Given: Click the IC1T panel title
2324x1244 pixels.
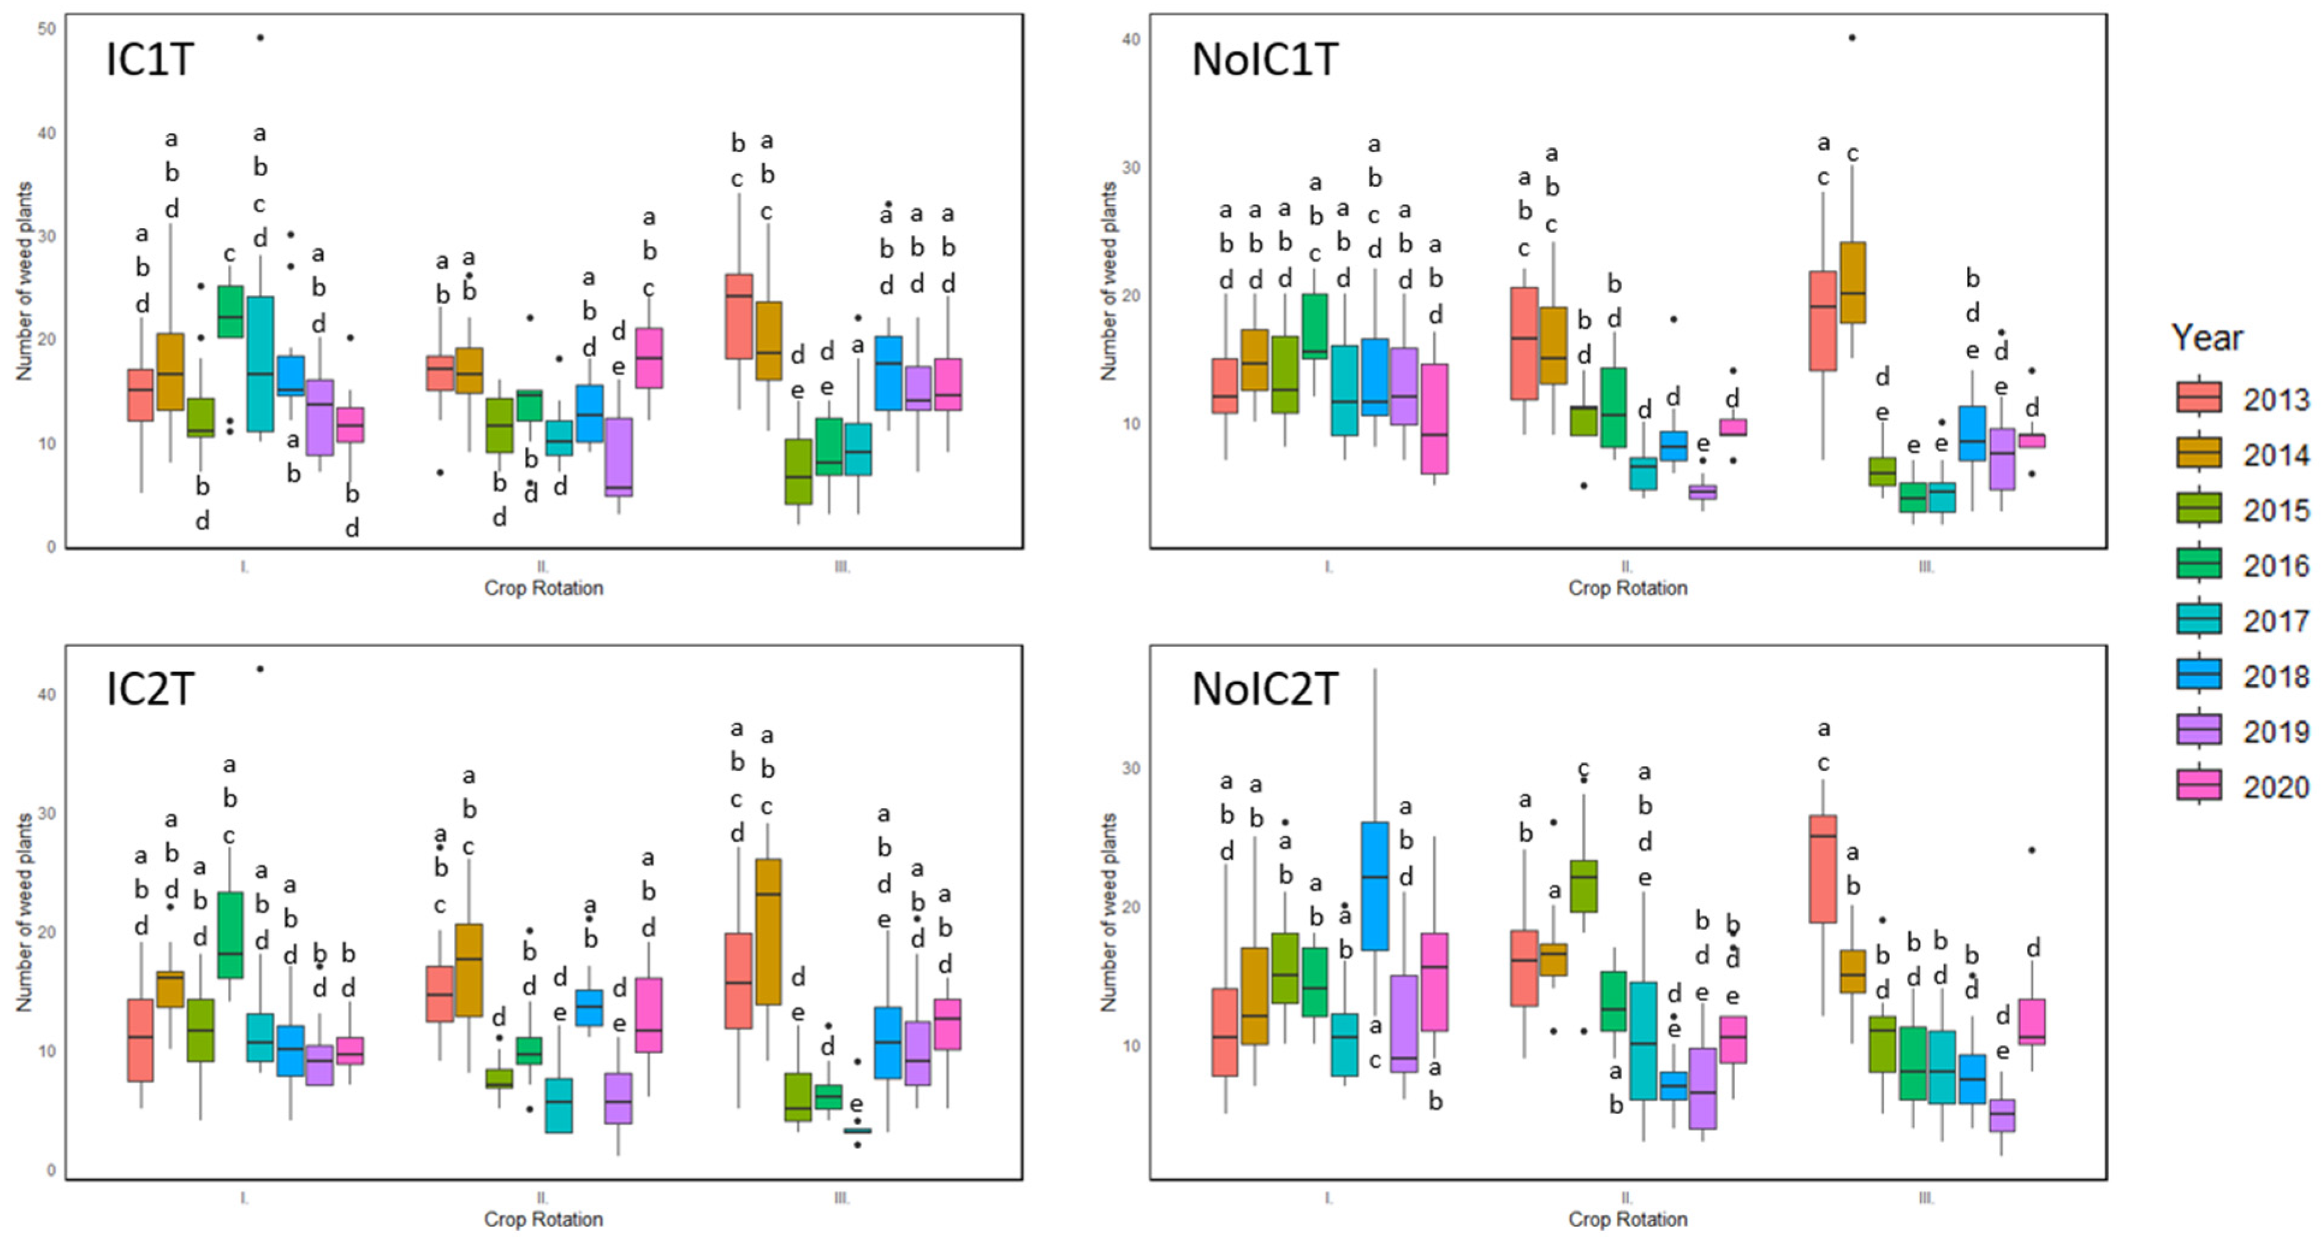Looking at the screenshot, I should click(x=150, y=60).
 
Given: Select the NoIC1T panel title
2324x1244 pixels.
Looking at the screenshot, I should click(x=1264, y=60).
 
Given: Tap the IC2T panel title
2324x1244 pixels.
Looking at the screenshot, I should click(x=150, y=689).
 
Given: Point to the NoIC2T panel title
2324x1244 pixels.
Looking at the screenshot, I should click(x=1264, y=689).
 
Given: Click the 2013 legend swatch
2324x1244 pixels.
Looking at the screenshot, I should click(x=2198, y=397).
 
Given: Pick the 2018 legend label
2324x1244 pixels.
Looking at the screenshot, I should click(x=2276, y=676).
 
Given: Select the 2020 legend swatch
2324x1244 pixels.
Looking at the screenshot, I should click(x=2198, y=785).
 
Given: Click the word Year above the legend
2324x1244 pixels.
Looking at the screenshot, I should click(x=2207, y=337).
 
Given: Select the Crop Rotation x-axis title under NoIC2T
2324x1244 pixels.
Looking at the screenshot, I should click(x=1627, y=1219).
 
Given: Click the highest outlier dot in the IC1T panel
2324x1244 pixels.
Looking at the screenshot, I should click(x=260, y=38).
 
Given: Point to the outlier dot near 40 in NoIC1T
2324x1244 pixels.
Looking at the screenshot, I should click(x=1852, y=38).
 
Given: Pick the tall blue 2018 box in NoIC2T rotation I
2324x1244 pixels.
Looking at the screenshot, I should click(x=1375, y=885).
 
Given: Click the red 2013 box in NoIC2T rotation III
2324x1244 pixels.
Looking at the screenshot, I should click(x=1823, y=869).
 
